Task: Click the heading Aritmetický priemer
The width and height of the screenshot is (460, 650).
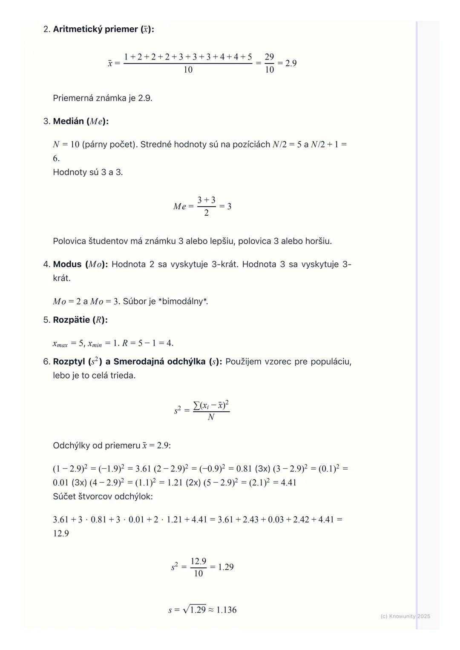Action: pos(96,29)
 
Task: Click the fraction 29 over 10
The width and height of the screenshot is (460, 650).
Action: pos(269,63)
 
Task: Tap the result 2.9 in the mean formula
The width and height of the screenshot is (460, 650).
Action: pos(291,63)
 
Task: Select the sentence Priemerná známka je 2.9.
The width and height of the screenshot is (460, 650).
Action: pos(102,98)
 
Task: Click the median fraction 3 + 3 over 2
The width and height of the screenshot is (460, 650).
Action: pos(206,206)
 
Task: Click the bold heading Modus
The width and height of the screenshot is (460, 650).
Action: pos(67,264)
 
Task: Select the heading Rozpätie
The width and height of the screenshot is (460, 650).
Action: pos(72,320)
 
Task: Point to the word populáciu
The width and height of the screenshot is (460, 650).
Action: pos(331,362)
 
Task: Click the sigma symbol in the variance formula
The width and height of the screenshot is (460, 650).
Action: pos(196,405)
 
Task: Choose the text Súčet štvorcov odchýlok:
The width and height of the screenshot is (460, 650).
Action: pos(103,496)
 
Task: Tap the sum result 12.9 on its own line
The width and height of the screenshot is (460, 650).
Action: pos(61,533)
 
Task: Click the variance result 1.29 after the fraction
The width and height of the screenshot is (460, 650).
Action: pos(226,567)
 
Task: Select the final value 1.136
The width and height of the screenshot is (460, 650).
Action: pos(227,610)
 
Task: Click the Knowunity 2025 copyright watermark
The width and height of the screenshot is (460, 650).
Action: pos(405,616)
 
